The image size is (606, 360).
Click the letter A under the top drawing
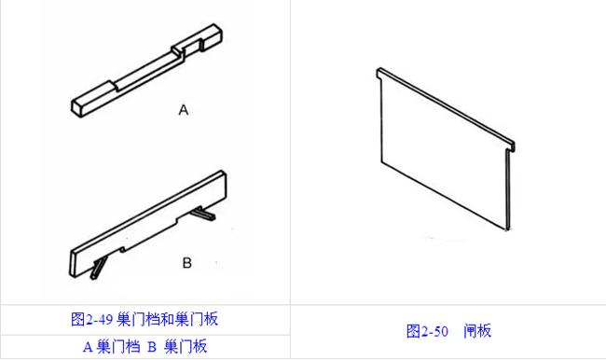coord(184,110)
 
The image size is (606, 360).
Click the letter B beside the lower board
coord(186,263)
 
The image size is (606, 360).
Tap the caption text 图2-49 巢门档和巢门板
coord(145,319)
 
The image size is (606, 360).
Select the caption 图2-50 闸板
coord(448,331)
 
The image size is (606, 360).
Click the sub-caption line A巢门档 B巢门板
coord(145,347)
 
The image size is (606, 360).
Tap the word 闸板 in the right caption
coord(477,331)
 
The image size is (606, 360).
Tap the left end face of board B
coord(75,263)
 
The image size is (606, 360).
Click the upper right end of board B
coord(222,179)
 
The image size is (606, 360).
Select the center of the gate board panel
coord(443,149)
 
